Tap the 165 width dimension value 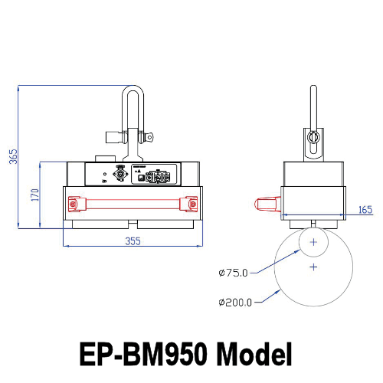click(364, 208)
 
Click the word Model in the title click(254, 353)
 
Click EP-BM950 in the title click(145, 353)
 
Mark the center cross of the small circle click(313, 241)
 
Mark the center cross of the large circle click(313, 267)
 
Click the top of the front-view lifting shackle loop click(133, 89)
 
